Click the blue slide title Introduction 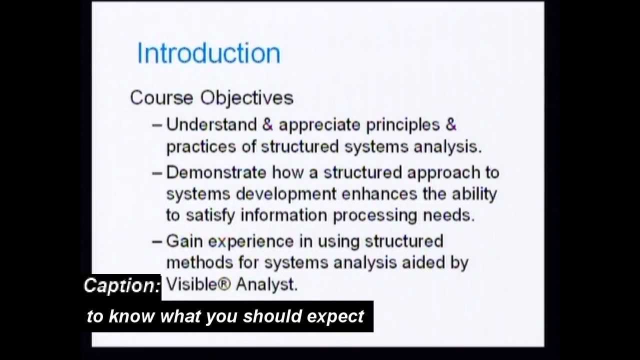click(208, 53)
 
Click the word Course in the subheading click(162, 97)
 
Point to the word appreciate click(319, 125)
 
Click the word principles click(402, 125)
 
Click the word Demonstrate click(216, 172)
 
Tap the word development click(286, 194)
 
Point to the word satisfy click(210, 215)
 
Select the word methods click(199, 262)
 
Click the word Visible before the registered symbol click(192, 284)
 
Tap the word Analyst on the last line click(266, 284)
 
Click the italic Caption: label click(122, 286)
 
